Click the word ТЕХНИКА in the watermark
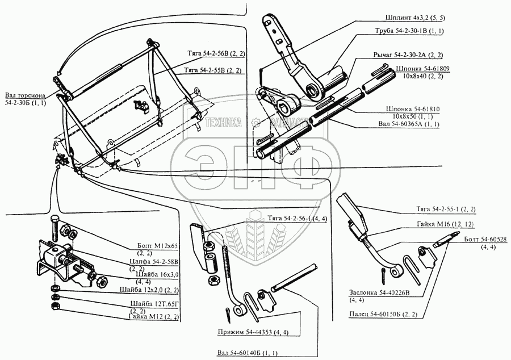pos(223,122)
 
